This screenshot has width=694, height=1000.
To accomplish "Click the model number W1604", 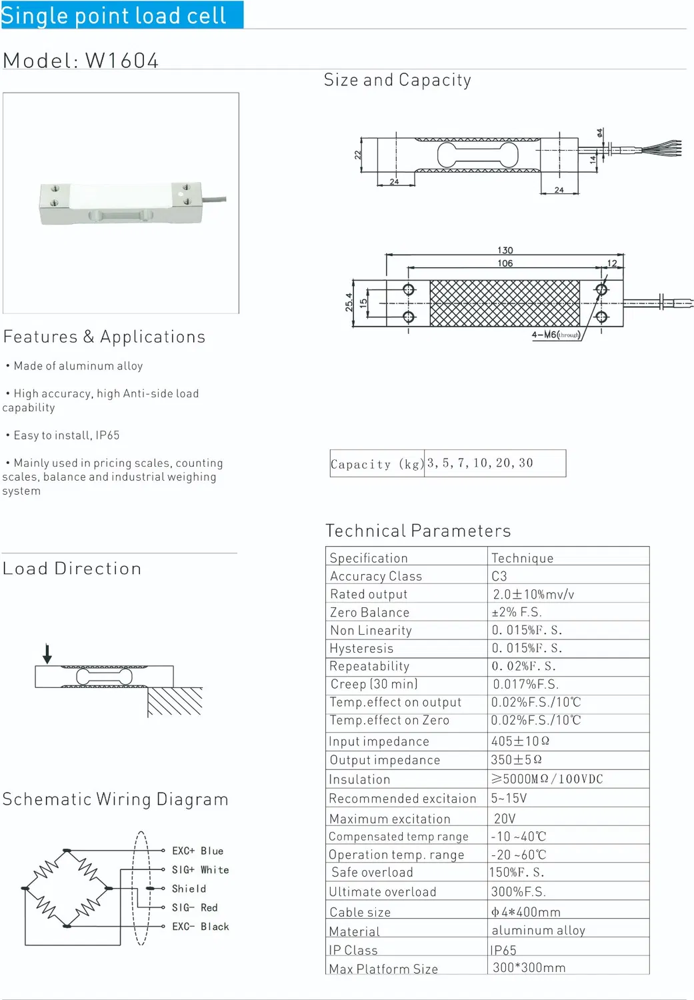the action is tap(121, 61).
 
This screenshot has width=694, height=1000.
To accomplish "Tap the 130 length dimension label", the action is tap(505, 250).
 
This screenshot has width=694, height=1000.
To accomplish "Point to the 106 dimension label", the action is tap(505, 263).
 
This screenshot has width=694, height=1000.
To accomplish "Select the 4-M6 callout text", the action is tap(555, 335).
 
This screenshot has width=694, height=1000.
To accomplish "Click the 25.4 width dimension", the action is tap(349, 302).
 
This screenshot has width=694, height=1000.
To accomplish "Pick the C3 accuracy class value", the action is tap(499, 577).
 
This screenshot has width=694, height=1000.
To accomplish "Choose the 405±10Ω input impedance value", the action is tap(520, 741).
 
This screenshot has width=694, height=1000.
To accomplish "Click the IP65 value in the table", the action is tap(503, 950).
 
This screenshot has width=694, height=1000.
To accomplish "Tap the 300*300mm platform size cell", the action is tap(529, 968).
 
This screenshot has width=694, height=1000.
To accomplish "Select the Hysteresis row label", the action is tap(361, 648).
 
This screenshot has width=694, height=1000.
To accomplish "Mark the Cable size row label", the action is tap(360, 912).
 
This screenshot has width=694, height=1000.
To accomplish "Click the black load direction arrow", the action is tap(47, 653).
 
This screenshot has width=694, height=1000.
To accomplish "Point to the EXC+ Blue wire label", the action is tap(198, 851).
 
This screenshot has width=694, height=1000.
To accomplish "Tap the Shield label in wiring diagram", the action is tap(189, 889).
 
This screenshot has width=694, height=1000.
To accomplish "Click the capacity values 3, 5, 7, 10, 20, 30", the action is tap(480, 463).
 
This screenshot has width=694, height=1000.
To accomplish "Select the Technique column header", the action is tap(522, 558).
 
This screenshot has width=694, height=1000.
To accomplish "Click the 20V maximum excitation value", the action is tap(505, 818).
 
